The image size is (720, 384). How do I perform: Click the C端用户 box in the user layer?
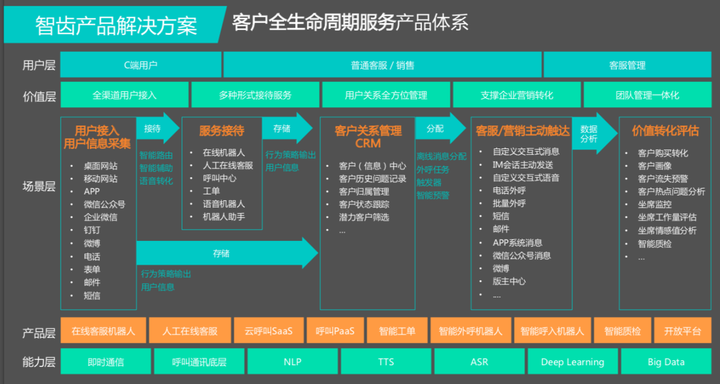tap(141, 65)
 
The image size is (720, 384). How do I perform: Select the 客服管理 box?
tap(627, 65)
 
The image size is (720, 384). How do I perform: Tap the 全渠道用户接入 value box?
tap(124, 95)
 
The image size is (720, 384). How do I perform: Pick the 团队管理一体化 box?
tap(647, 95)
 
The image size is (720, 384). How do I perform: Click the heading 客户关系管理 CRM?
tap(368, 137)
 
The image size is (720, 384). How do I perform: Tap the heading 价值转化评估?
tap(665, 131)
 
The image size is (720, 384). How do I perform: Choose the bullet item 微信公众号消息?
tap(522, 256)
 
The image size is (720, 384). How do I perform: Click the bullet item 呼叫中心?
tap(220, 178)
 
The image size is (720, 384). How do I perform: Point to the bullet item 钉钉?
tap(92, 230)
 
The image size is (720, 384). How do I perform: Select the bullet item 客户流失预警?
tap(663, 178)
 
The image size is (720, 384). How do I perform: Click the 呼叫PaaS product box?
tap(335, 331)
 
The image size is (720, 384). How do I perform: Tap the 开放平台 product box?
tap(682, 331)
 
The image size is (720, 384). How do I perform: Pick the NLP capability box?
tap(293, 362)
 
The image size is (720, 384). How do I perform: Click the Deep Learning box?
tap(572, 362)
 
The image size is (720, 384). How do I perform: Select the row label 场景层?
tap(39, 187)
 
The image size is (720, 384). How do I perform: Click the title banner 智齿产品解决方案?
tap(116, 25)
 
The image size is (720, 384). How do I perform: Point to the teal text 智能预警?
tap(433, 195)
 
